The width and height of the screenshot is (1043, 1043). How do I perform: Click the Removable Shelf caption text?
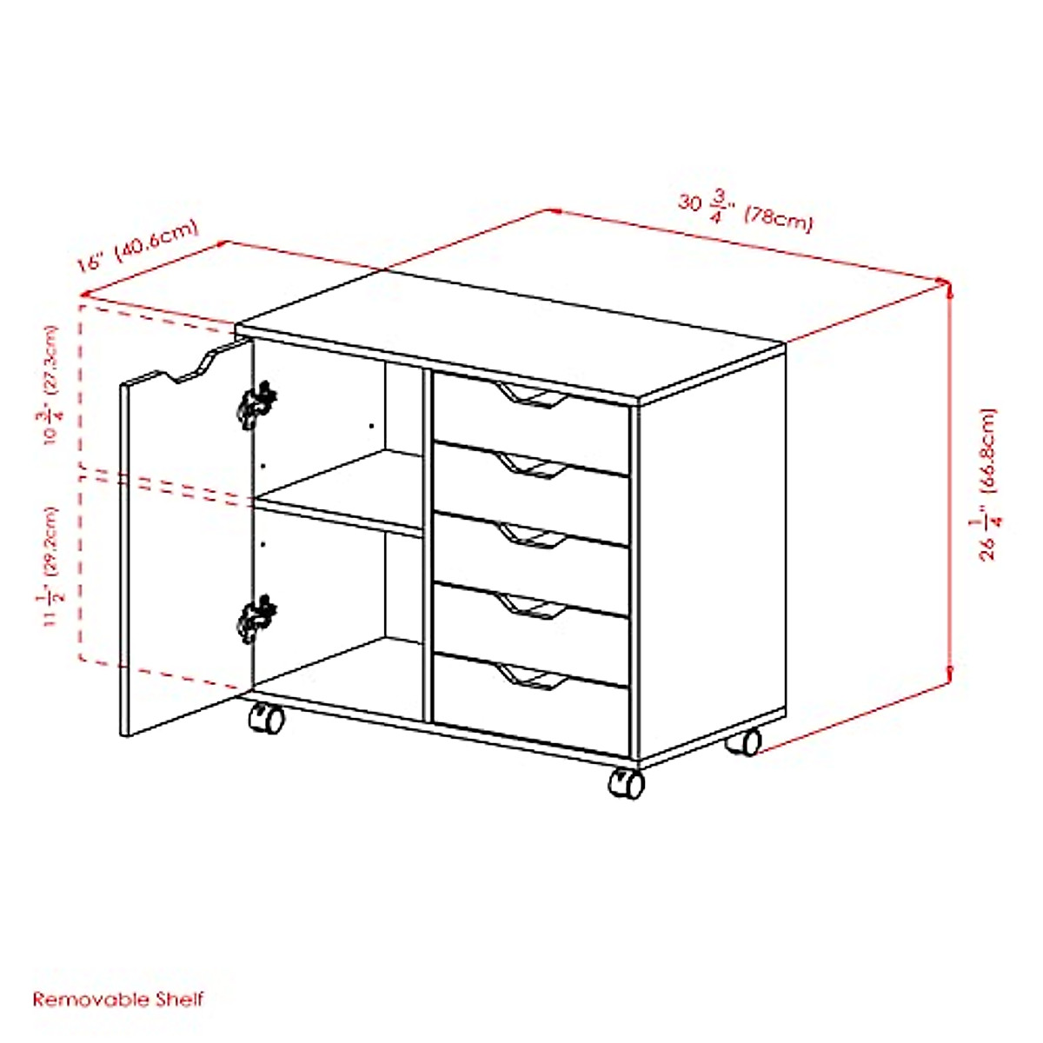118,1000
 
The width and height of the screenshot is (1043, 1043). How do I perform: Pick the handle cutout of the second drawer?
533,469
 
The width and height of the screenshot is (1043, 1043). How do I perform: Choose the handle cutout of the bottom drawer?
533,679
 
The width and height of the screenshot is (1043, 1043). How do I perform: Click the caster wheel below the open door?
266,718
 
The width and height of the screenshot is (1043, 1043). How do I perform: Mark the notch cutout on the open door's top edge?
189,369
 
